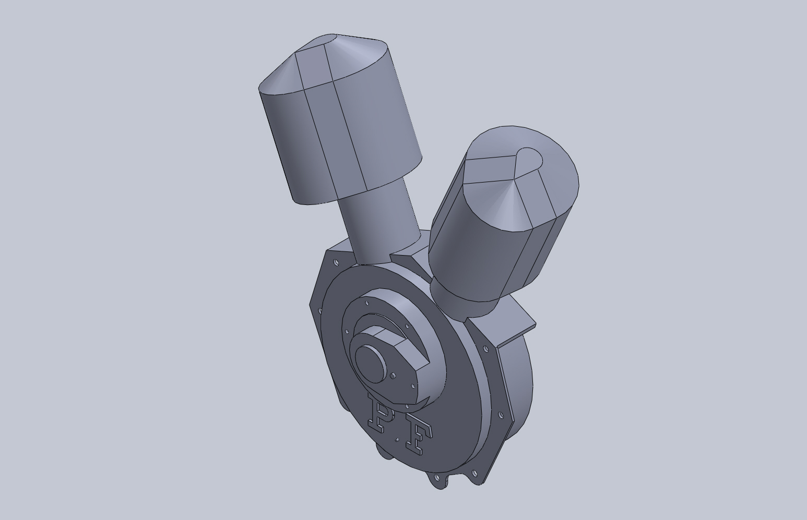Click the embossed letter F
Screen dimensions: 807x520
(419, 440)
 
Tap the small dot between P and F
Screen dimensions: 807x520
(397, 439)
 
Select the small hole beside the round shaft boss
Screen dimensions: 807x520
(393, 376)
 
